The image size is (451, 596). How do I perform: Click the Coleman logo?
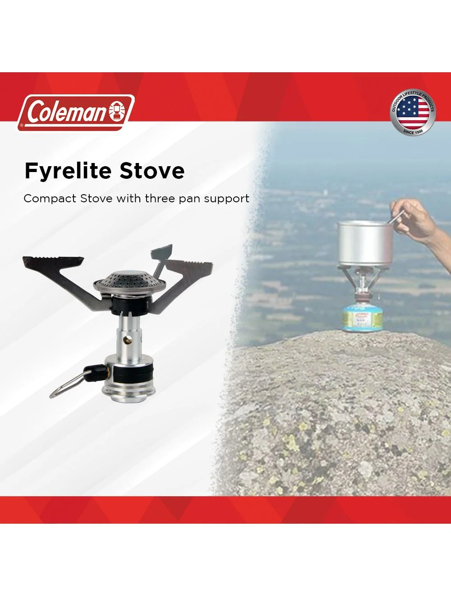(x=76, y=112)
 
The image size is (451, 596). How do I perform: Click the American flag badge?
(x=413, y=113)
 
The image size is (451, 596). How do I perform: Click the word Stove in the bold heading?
(x=152, y=171)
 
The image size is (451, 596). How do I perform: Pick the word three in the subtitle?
(x=160, y=199)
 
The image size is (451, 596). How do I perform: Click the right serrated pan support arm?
(x=189, y=270)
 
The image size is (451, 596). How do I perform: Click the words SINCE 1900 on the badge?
(x=413, y=131)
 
